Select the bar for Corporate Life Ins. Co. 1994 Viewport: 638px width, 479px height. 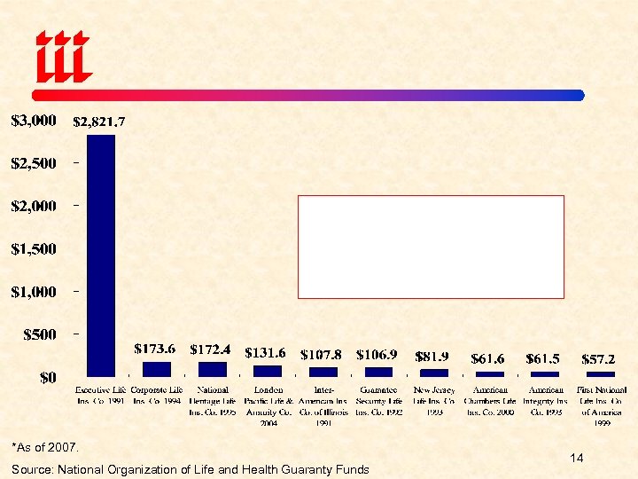point(156,369)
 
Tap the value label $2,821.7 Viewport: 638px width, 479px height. point(98,122)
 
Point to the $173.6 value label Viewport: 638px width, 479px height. point(154,349)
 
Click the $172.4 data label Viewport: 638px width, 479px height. point(212,349)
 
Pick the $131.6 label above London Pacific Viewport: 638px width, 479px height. point(267,353)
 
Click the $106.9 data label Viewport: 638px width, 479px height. point(378,354)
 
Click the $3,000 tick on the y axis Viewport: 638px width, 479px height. point(34,120)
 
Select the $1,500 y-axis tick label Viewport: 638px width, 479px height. point(34,249)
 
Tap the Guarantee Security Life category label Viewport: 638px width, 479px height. point(378,400)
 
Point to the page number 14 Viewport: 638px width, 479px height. point(577,458)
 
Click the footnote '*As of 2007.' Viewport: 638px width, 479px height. point(46,446)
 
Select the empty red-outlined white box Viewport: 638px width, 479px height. point(431,247)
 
